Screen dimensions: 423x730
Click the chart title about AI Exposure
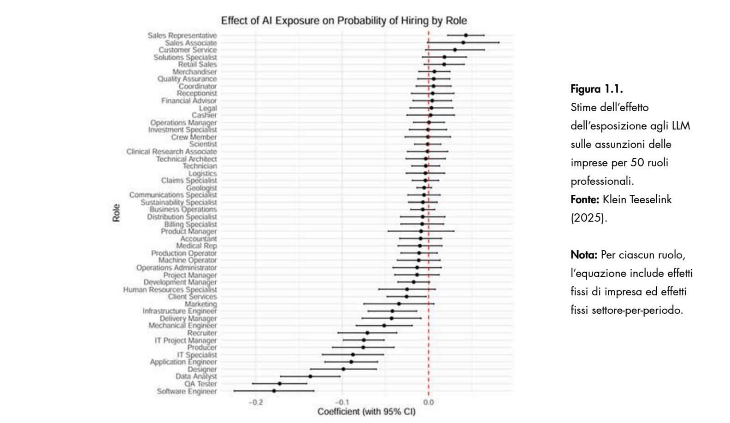tap(344, 21)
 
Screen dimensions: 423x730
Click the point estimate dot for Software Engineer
tap(274, 391)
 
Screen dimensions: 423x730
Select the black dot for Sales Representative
tap(466, 35)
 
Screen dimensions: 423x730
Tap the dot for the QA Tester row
tap(280, 383)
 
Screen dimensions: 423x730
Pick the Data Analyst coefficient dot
tap(310, 376)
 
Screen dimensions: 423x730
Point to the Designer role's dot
tap(343, 369)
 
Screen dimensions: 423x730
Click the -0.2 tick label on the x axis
tap(256, 402)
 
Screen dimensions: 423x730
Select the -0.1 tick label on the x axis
tap(342, 402)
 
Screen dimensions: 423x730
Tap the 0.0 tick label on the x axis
tap(428, 402)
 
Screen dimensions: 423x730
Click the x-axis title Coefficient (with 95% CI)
tap(366, 411)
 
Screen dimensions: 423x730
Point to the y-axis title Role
tap(117, 213)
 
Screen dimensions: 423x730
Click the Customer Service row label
tap(188, 50)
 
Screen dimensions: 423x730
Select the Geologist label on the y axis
tap(201, 188)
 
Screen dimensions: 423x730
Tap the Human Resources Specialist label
tap(170, 289)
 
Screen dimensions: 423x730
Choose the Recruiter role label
tap(202, 333)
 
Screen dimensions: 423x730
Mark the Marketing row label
tap(200, 304)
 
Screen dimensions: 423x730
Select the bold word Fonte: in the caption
tap(585, 200)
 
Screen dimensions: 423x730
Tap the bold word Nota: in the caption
tap(584, 255)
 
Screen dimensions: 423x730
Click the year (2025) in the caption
tap(589, 218)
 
